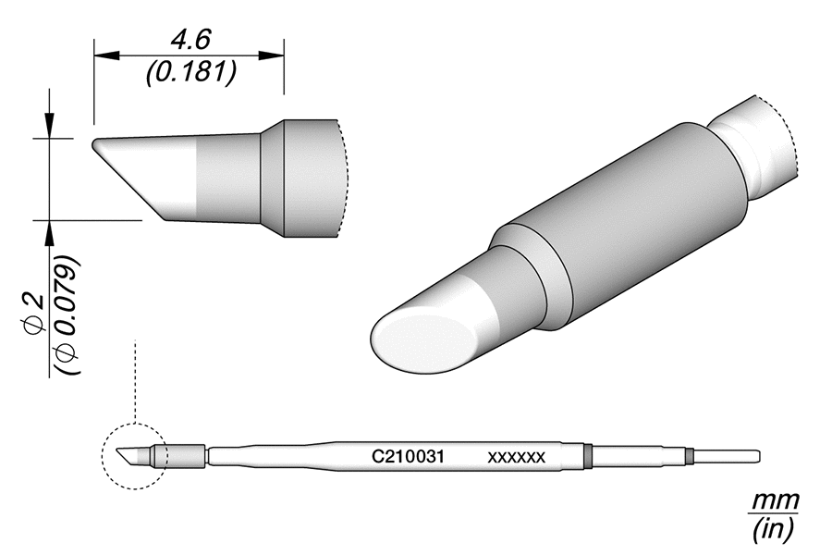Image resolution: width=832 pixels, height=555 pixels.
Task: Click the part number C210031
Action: click(409, 457)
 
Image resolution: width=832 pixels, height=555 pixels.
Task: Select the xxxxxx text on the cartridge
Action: click(517, 457)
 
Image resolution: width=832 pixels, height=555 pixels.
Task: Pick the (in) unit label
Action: click(773, 529)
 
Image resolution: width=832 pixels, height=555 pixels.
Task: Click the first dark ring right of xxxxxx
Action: click(588, 455)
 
